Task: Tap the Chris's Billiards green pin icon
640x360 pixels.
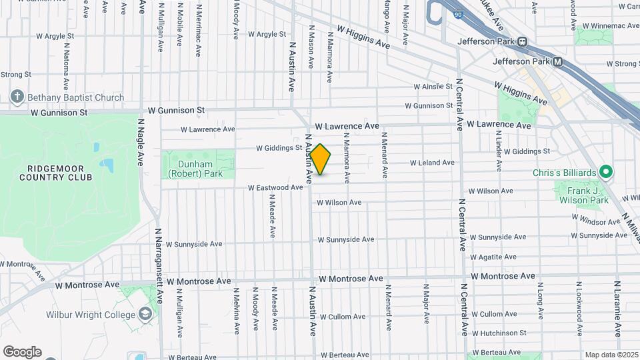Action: click(605, 173)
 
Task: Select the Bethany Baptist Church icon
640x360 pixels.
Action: click(17, 97)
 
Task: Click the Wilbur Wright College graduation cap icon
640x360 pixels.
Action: click(145, 314)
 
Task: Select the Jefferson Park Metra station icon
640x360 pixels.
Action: click(523, 41)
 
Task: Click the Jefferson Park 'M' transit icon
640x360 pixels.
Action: click(558, 62)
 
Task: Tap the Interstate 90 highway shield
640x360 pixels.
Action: click(457, 13)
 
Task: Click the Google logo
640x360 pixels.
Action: click(22, 351)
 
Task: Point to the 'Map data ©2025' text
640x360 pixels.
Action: click(611, 355)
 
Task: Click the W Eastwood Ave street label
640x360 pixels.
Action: click(275, 188)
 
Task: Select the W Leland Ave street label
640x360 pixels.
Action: click(431, 163)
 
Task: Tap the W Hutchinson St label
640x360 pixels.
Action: click(498, 333)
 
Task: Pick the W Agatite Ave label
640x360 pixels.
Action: click(495, 257)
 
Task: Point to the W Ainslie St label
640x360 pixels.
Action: click(433, 87)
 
